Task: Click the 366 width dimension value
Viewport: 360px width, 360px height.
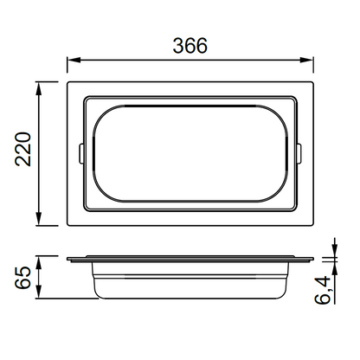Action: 190,46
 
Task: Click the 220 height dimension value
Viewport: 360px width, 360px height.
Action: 23,149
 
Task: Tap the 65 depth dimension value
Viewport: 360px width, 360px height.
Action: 23,278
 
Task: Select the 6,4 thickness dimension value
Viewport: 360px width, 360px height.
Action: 323,290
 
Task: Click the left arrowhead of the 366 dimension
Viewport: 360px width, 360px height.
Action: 74,60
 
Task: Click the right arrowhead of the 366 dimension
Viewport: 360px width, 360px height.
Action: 307,60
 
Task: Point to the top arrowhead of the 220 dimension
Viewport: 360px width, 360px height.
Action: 39,88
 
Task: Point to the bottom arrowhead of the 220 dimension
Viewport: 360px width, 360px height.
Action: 39,219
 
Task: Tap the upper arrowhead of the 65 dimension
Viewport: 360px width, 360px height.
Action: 39,262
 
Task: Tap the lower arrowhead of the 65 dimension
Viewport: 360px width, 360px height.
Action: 39,292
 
